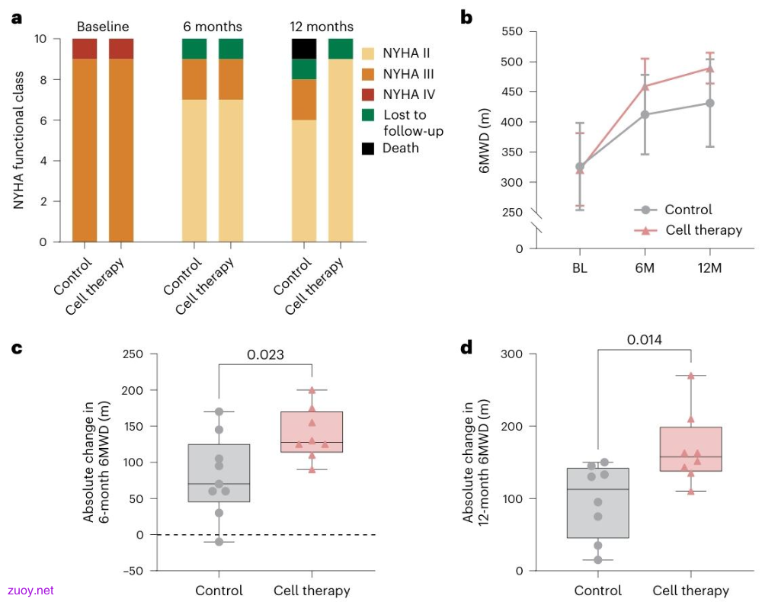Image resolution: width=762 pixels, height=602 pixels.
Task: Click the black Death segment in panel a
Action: (x=304, y=49)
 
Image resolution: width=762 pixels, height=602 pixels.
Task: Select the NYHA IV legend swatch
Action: (x=368, y=94)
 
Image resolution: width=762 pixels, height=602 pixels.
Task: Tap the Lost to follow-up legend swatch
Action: (x=368, y=114)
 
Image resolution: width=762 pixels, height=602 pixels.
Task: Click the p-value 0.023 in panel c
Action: (x=265, y=354)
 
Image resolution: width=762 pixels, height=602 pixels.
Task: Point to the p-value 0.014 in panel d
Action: (x=645, y=340)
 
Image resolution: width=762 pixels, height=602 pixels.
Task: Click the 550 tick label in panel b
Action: (x=512, y=31)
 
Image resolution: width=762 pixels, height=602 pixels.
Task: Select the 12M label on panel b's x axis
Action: (x=709, y=267)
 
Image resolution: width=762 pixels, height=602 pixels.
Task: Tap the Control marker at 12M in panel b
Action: (x=710, y=103)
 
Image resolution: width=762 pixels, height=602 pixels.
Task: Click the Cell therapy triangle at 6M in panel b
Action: (x=645, y=87)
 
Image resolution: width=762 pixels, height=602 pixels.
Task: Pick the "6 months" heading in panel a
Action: (x=213, y=26)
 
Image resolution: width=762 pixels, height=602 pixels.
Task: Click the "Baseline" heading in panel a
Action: (x=103, y=26)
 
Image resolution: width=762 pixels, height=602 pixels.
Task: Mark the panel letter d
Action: (x=466, y=347)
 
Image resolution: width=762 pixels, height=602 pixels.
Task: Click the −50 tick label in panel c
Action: (x=133, y=571)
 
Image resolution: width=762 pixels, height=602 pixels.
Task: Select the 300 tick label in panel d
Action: (x=512, y=354)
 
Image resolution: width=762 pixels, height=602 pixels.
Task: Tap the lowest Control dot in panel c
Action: (x=219, y=542)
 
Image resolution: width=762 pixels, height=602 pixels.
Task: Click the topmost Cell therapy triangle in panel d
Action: (x=691, y=376)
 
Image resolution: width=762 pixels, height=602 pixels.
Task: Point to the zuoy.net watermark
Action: (x=30, y=591)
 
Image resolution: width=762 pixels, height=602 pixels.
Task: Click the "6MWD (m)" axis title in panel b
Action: (x=484, y=141)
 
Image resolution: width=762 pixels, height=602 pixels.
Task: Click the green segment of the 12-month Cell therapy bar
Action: (x=341, y=49)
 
